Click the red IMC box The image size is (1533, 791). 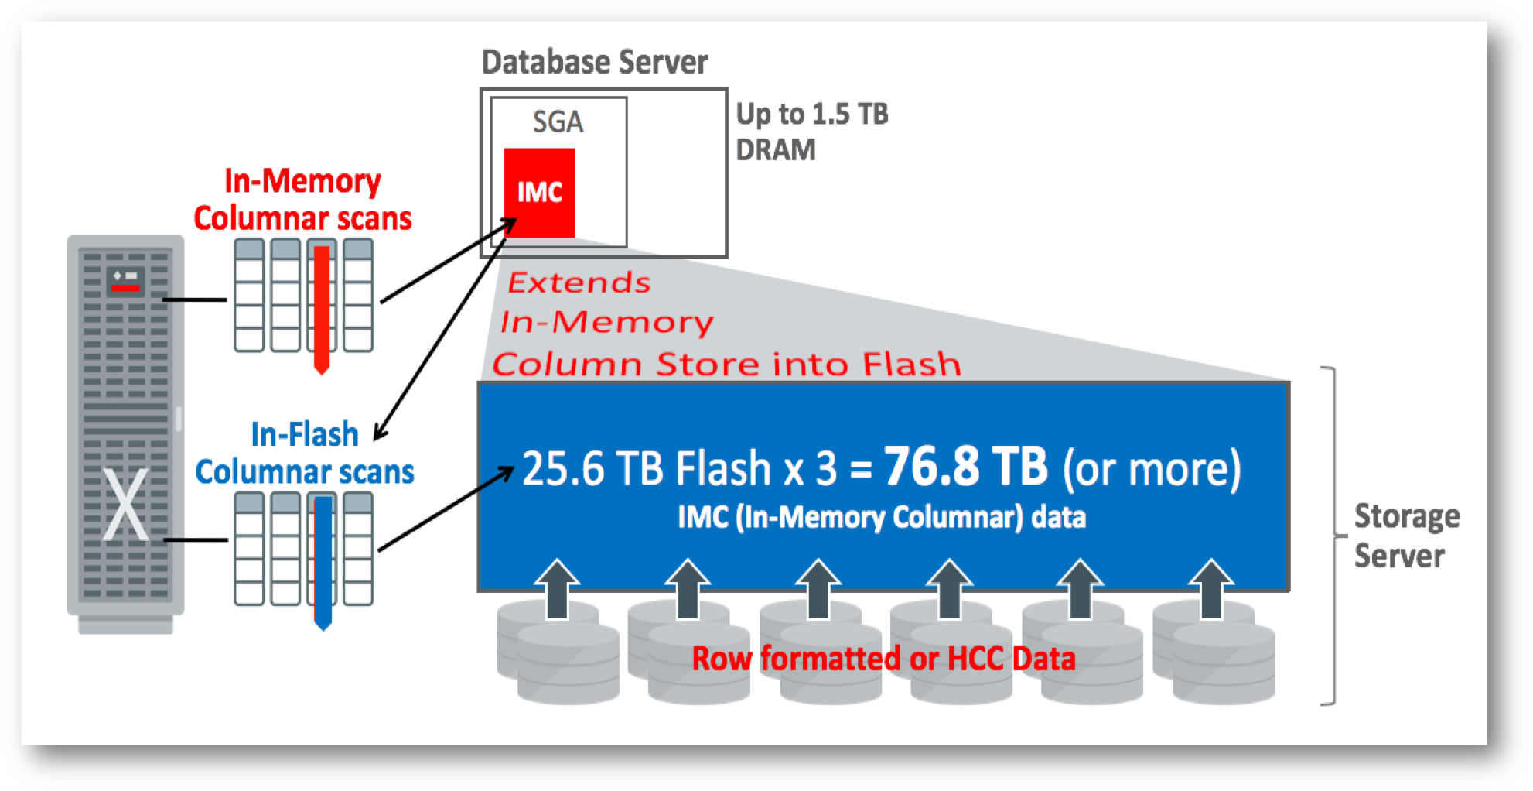(x=539, y=192)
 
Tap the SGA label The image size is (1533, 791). (x=558, y=122)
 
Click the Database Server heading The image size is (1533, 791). (x=594, y=62)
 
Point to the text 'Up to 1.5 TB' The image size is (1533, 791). (x=811, y=114)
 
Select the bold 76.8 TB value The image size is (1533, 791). (x=965, y=467)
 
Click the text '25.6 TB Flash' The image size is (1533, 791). (x=646, y=469)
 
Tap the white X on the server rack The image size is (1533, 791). (x=125, y=505)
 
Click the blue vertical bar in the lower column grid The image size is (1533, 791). (x=323, y=561)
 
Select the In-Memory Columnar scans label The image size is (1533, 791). (x=302, y=200)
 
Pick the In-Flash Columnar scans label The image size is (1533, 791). (x=305, y=453)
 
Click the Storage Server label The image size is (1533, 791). (x=1405, y=536)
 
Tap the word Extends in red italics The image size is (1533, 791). (x=579, y=282)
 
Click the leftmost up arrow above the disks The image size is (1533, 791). (x=557, y=588)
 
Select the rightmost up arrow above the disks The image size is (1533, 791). (x=1210, y=588)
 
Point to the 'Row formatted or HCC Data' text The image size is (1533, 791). (x=883, y=659)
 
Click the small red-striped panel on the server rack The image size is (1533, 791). (x=125, y=280)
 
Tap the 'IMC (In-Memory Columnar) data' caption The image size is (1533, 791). (x=882, y=517)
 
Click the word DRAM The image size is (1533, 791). (x=775, y=150)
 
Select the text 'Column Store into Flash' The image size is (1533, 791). (x=726, y=364)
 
